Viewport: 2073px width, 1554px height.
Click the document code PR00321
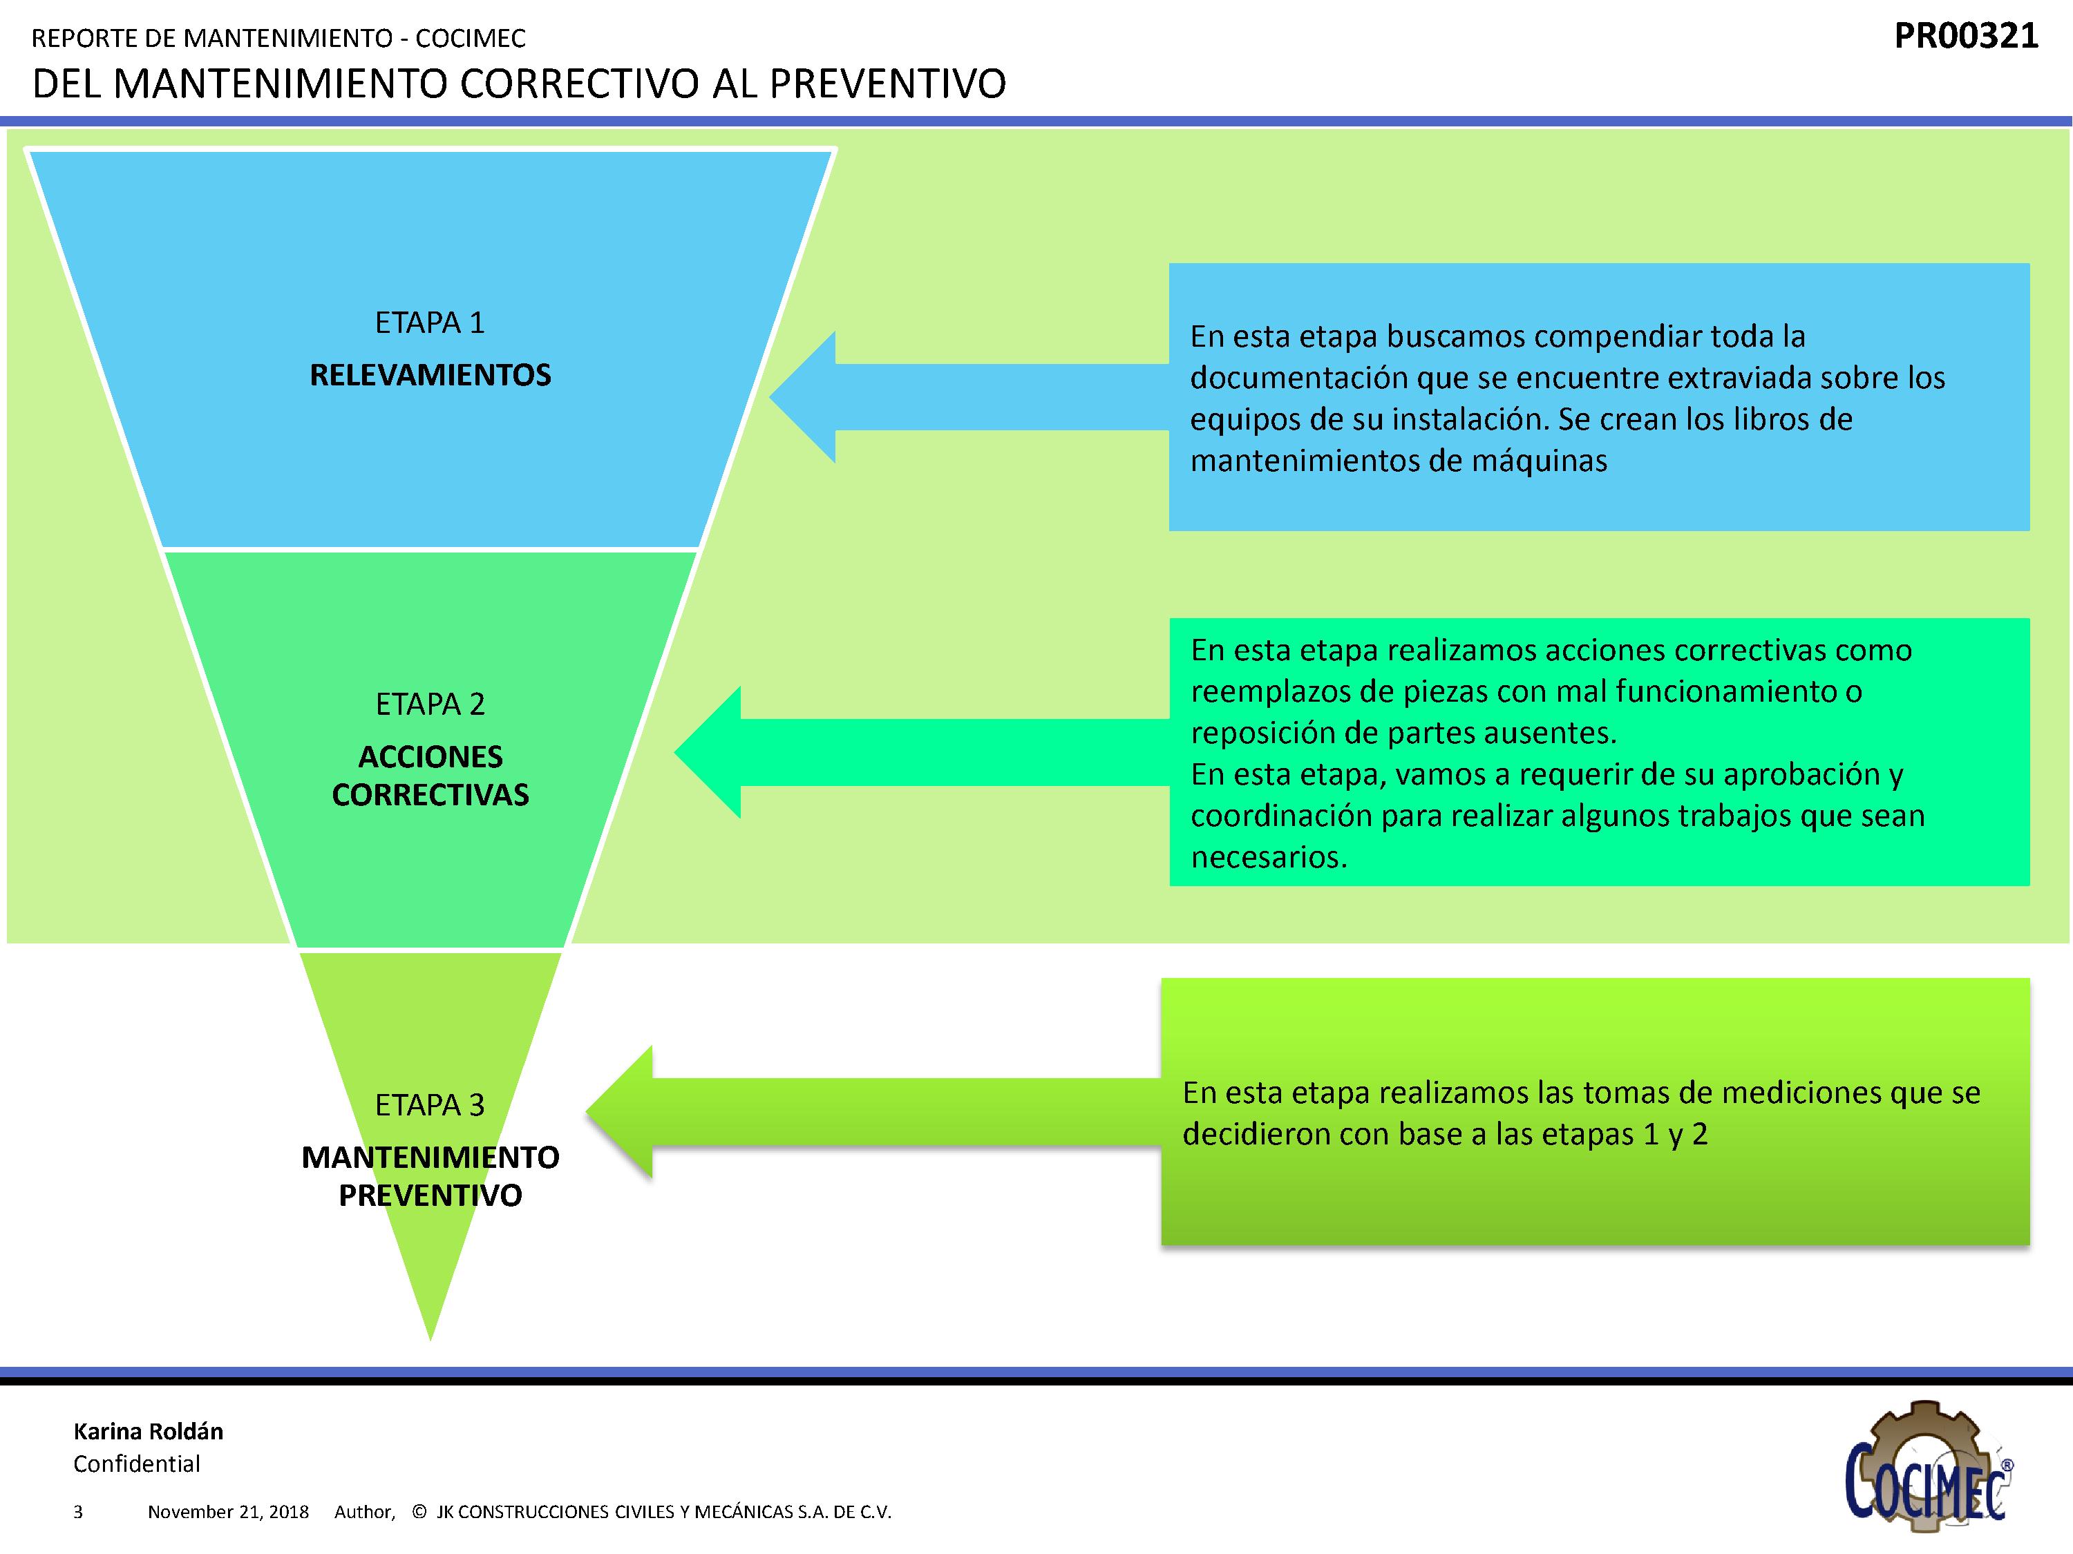pyautogui.click(x=1965, y=37)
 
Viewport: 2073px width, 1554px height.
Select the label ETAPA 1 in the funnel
pyautogui.click(x=430, y=323)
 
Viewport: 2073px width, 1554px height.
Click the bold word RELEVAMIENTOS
pyautogui.click(x=430, y=376)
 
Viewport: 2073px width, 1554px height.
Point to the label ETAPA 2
pyautogui.click(x=430, y=704)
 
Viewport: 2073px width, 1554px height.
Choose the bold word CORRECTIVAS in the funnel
pyautogui.click(x=430, y=795)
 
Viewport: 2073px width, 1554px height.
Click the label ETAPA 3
pyautogui.click(x=430, y=1105)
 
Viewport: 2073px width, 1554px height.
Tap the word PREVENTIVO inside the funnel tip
pyautogui.click(x=430, y=1196)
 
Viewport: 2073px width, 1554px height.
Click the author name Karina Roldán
pyautogui.click(x=148, y=1431)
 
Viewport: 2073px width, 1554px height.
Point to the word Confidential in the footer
pyautogui.click(x=137, y=1464)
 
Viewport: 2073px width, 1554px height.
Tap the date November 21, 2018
pyautogui.click(x=228, y=1512)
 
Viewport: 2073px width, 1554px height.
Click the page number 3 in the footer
pyautogui.click(x=78, y=1512)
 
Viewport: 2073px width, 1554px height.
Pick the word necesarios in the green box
pyautogui.click(x=1268, y=857)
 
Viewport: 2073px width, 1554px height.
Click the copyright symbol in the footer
pyautogui.click(x=419, y=1512)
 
